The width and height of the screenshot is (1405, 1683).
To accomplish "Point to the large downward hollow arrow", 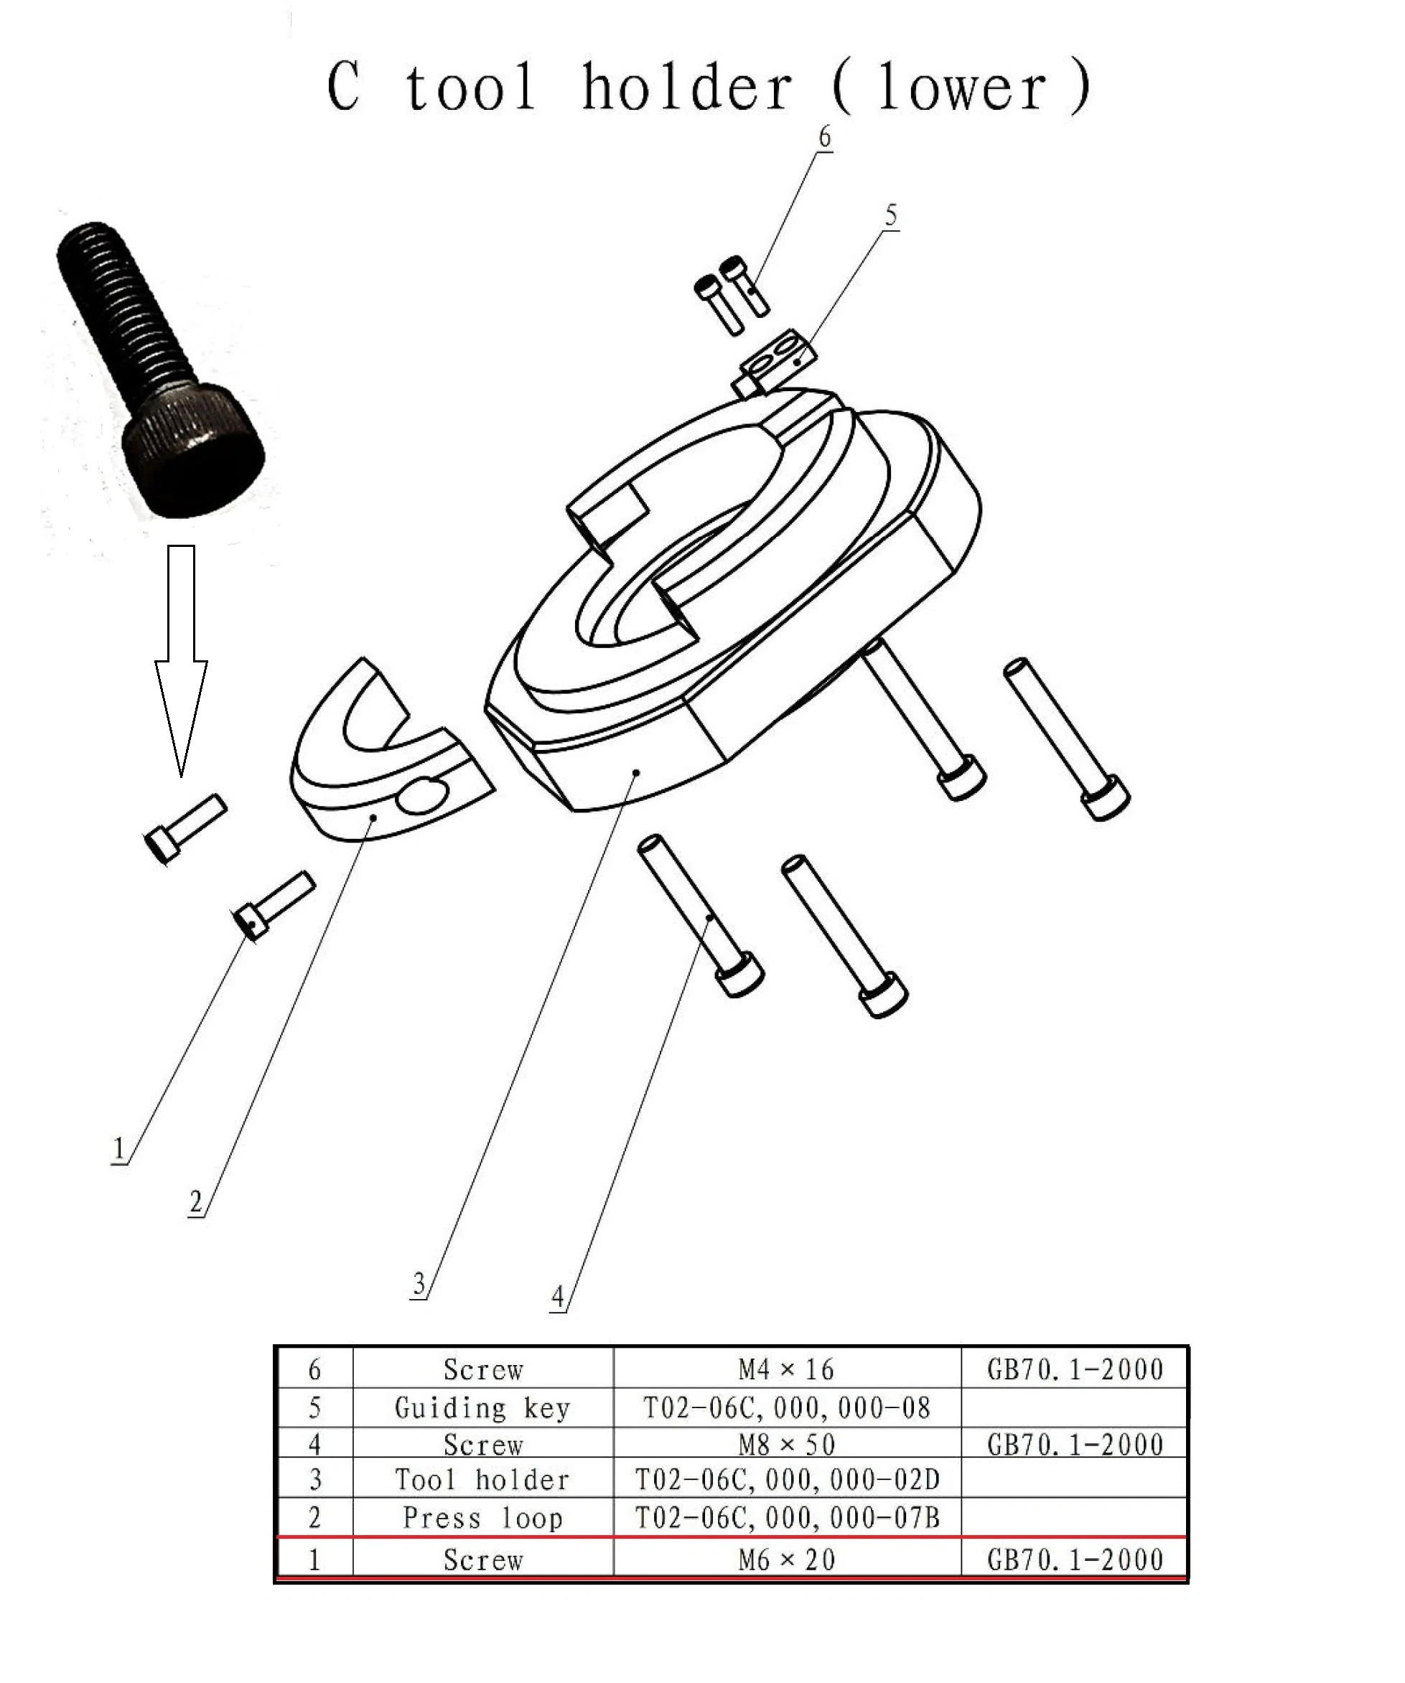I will pyautogui.click(x=181, y=657).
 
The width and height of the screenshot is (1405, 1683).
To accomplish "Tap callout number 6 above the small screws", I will pyautogui.click(x=824, y=137).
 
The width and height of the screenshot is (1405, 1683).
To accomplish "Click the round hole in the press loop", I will pyautogui.click(x=426, y=797).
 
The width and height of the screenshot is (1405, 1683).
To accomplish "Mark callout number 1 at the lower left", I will pyautogui.click(x=118, y=1148).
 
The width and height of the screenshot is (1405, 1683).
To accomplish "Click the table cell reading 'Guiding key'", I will pyautogui.click(x=482, y=1408).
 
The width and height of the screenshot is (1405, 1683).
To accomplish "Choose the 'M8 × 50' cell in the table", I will pyautogui.click(x=786, y=1445).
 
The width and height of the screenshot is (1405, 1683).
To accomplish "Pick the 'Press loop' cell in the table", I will pyautogui.click(x=482, y=1518).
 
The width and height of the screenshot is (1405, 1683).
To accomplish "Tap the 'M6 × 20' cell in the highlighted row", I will pyautogui.click(x=786, y=1560).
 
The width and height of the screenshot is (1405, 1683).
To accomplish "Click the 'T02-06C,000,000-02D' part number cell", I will pyautogui.click(x=786, y=1479).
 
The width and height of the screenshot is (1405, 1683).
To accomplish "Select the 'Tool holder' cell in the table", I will pyautogui.click(x=482, y=1479).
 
